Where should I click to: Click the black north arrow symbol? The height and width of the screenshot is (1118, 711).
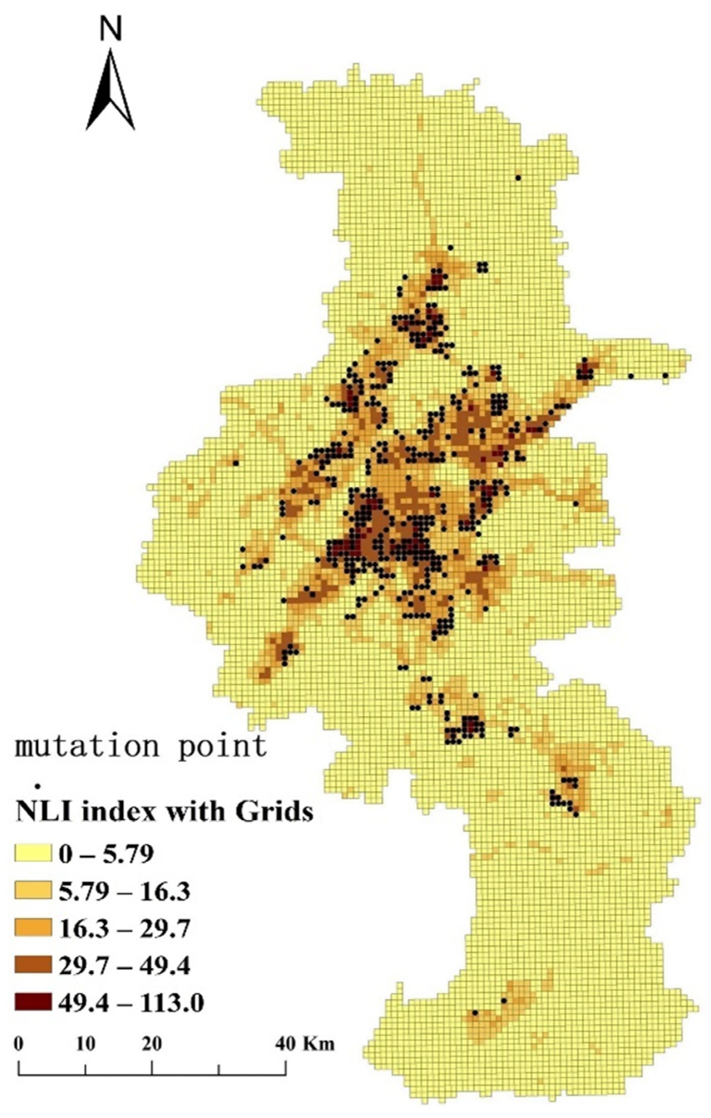coord(110,93)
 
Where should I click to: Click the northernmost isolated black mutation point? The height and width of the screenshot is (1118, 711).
coord(518,178)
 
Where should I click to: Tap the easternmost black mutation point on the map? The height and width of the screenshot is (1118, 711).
coord(665,375)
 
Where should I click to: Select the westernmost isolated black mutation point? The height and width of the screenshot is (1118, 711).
coord(235,463)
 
